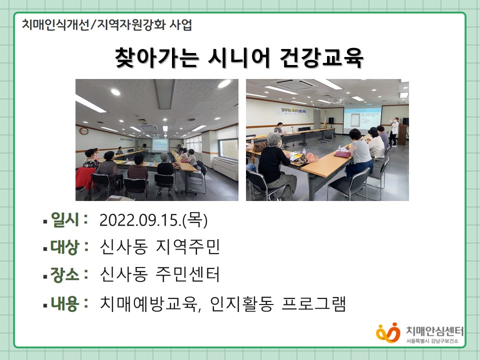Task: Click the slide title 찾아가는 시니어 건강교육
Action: (x=239, y=57)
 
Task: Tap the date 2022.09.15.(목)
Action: (x=153, y=220)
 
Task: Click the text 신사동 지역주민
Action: (x=160, y=246)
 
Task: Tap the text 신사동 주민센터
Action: (x=160, y=274)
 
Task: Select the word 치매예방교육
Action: (x=149, y=303)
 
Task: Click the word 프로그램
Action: (x=314, y=303)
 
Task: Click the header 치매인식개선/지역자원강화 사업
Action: (x=107, y=25)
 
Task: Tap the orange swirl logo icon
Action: (x=388, y=333)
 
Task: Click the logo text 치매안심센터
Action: (x=434, y=331)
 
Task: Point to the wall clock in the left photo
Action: (x=84, y=131)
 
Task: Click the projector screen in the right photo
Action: (x=362, y=120)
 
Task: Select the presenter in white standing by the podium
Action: (x=394, y=131)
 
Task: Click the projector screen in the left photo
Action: (x=160, y=145)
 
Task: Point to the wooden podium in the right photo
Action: (x=402, y=134)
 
